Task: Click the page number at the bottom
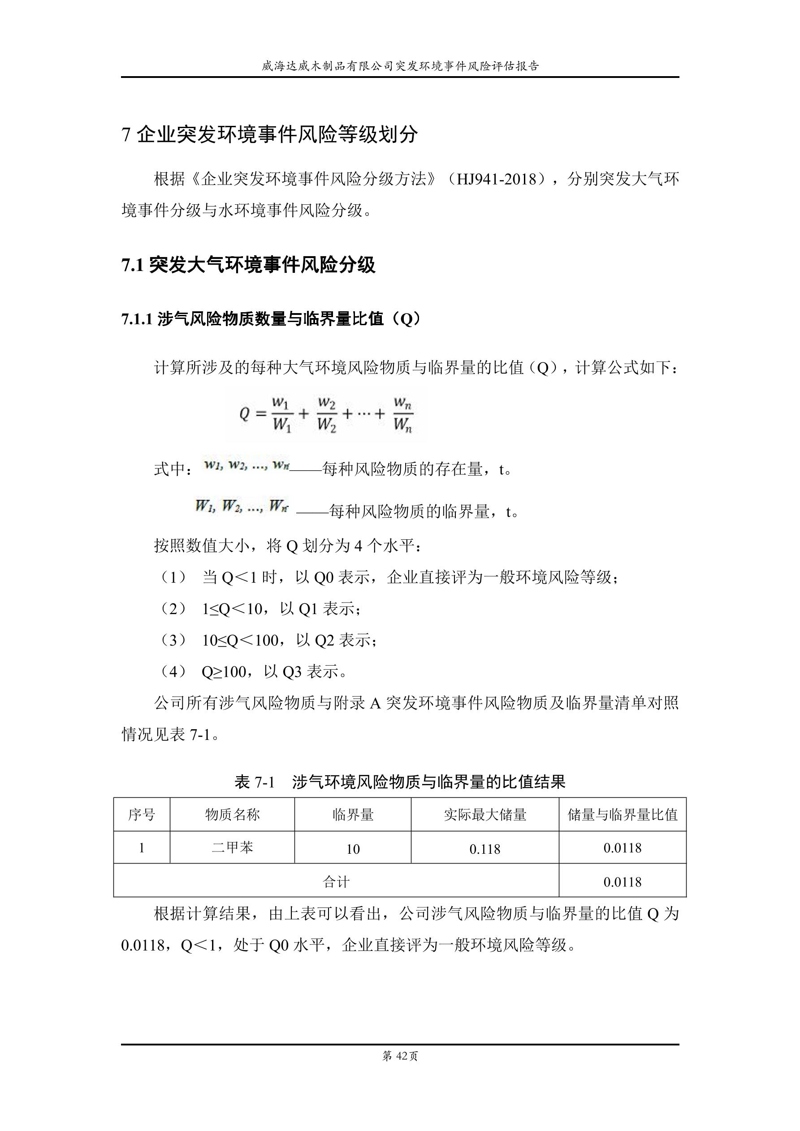coord(400,1056)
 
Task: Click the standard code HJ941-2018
coord(496,179)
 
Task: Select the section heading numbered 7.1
coord(248,265)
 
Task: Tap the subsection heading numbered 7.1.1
coord(272,319)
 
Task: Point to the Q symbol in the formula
coord(245,414)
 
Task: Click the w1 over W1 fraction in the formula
coord(282,414)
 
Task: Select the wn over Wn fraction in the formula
coord(402,414)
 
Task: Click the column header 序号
coord(142,815)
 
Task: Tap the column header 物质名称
coord(232,815)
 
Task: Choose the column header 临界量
coord(353,815)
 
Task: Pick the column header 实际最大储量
coord(485,815)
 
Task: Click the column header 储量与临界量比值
coord(623,815)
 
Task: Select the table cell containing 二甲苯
coord(232,848)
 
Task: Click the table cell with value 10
coord(353,849)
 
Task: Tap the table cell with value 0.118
coord(485,849)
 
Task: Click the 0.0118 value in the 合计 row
coord(623,882)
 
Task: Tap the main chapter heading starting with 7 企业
coord(270,134)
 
